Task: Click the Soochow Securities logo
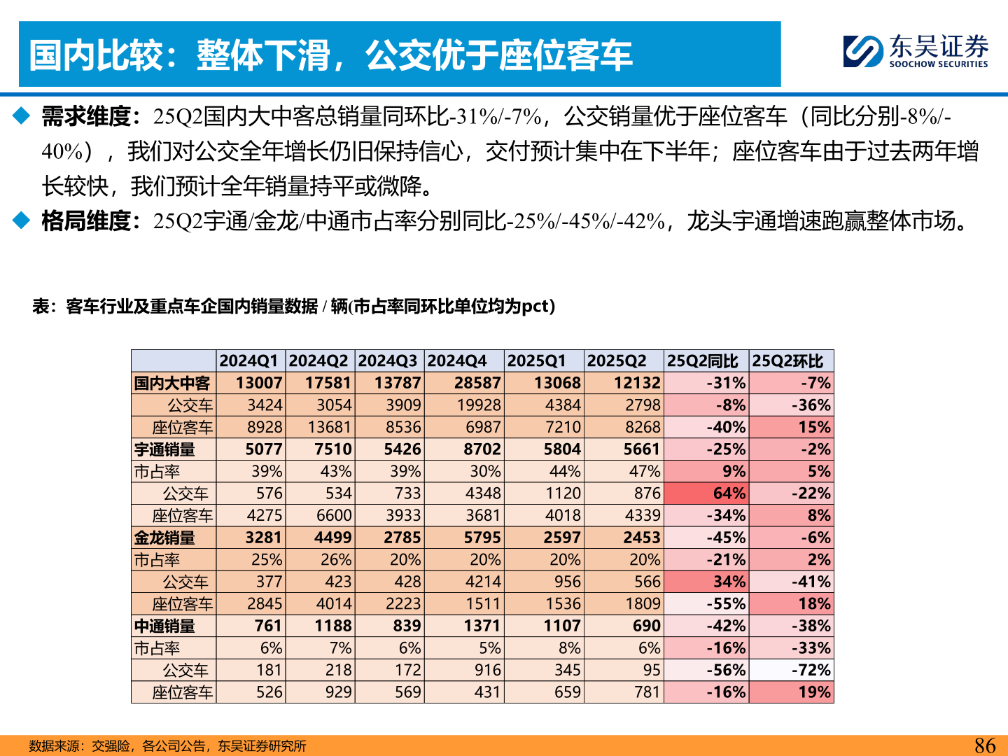pyautogui.click(x=916, y=51)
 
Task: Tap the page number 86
pyautogui.click(x=984, y=745)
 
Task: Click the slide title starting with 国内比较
pyautogui.click(x=330, y=55)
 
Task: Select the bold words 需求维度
pyautogui.click(x=86, y=116)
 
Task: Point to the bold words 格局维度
pyautogui.click(x=86, y=221)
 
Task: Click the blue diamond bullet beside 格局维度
pyautogui.click(x=22, y=220)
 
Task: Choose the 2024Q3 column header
pyautogui.click(x=388, y=361)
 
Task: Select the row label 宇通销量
pyautogui.click(x=165, y=449)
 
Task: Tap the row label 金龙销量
pyautogui.click(x=165, y=538)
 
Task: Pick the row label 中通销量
pyautogui.click(x=165, y=626)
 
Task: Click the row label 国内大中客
pyautogui.click(x=172, y=384)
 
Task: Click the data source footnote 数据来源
pyautogui.click(x=168, y=746)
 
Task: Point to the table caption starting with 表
pyautogui.click(x=293, y=307)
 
